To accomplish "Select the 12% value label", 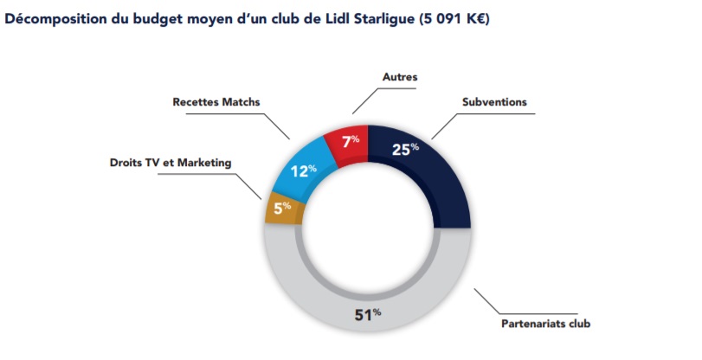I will coord(302,170).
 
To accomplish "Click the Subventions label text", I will coord(494,102).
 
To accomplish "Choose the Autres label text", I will coord(400,76).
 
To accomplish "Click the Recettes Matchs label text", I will coord(216,102).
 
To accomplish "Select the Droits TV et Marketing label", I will coord(171,162).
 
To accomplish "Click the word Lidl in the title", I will coord(335,17).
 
